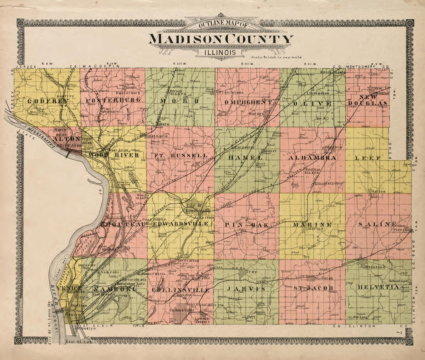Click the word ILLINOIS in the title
coord(221,51)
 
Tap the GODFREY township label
coord(48,101)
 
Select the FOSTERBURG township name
coord(112,101)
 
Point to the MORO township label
coord(180,101)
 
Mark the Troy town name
coord(252,272)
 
